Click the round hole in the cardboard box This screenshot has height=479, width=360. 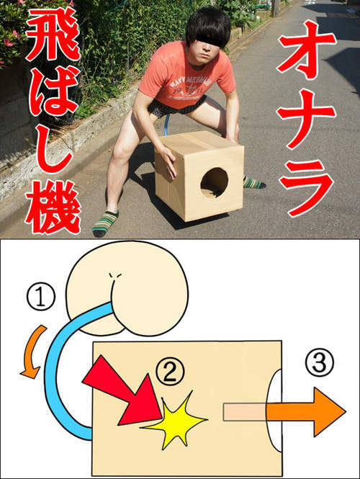click(214, 182)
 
